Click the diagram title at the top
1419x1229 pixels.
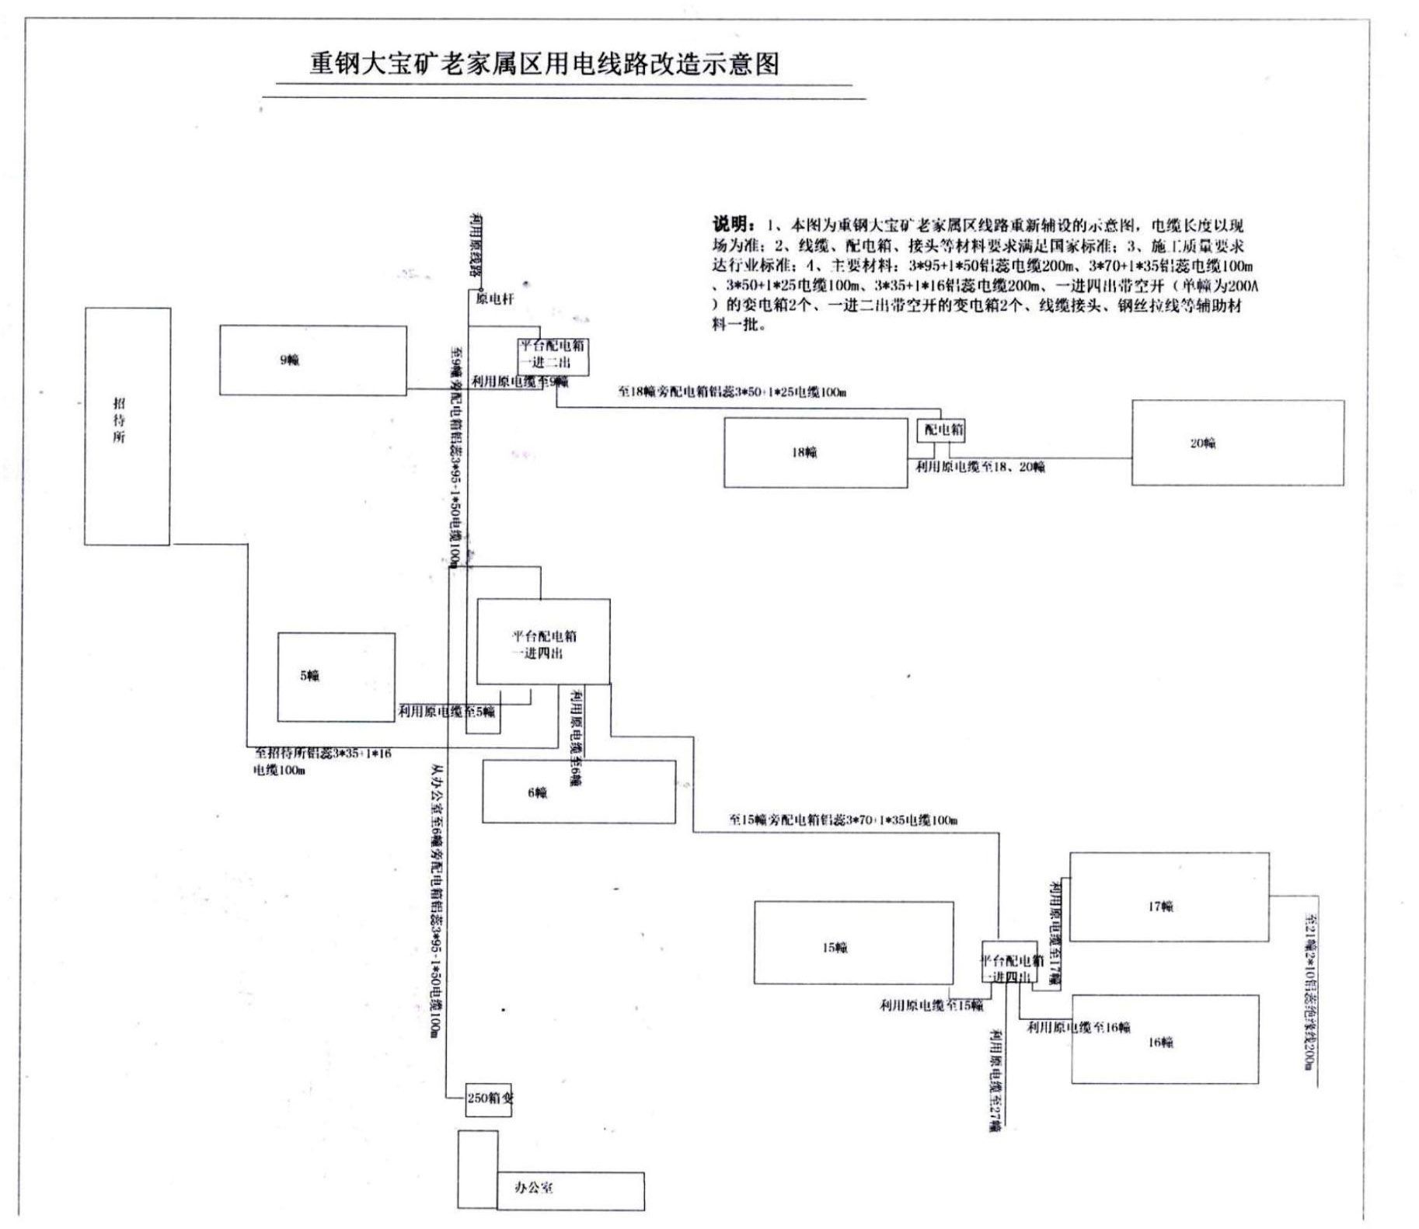click(x=544, y=64)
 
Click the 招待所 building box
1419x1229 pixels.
click(x=127, y=426)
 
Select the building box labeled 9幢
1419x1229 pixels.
click(x=312, y=360)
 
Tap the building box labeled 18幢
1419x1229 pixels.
click(x=815, y=453)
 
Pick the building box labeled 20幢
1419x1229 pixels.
click(x=1237, y=443)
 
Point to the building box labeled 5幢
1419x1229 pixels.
click(x=336, y=677)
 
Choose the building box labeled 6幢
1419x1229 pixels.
click(x=578, y=792)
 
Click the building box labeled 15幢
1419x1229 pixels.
click(x=853, y=942)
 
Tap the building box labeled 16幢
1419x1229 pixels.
click(x=1164, y=1039)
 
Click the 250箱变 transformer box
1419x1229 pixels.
click(x=489, y=1098)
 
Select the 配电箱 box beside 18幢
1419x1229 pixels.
click(x=941, y=430)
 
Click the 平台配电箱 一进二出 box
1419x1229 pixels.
click(x=553, y=353)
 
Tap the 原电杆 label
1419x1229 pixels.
click(x=495, y=299)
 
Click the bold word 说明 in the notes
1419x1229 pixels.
click(x=732, y=225)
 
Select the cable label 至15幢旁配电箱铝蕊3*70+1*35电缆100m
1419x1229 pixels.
click(x=842, y=820)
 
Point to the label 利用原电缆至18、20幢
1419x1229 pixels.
click(x=979, y=467)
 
